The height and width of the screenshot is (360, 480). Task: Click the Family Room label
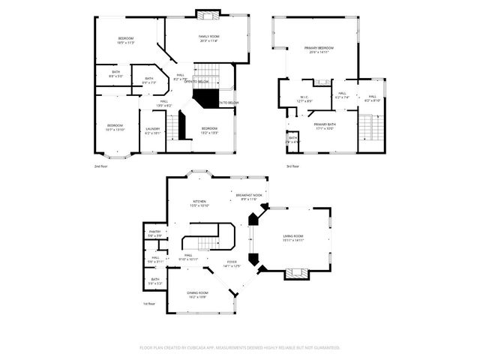208,37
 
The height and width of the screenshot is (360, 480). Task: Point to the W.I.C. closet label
305,97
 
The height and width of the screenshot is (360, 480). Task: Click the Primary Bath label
325,124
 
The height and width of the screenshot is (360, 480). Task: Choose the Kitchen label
199,202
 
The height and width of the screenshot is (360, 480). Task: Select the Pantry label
154,232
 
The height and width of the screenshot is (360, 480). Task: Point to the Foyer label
232,262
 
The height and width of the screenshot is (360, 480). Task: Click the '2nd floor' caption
101,166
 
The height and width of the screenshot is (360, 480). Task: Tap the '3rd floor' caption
293,166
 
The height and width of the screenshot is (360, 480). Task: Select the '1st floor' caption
148,304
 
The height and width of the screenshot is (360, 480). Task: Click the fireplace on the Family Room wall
206,13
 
